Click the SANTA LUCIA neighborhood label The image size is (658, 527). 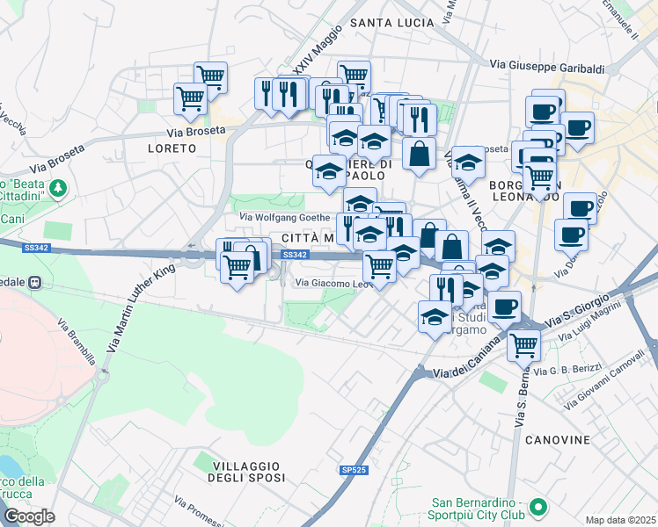point(391,22)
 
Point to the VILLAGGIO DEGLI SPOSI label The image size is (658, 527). point(246,471)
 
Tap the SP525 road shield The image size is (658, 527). point(353,471)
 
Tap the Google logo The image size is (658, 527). point(29,516)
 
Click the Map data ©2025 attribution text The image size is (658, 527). point(620,520)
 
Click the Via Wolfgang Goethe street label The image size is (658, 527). point(284,218)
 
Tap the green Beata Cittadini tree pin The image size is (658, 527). point(58,187)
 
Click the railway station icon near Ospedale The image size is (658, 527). point(36,282)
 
